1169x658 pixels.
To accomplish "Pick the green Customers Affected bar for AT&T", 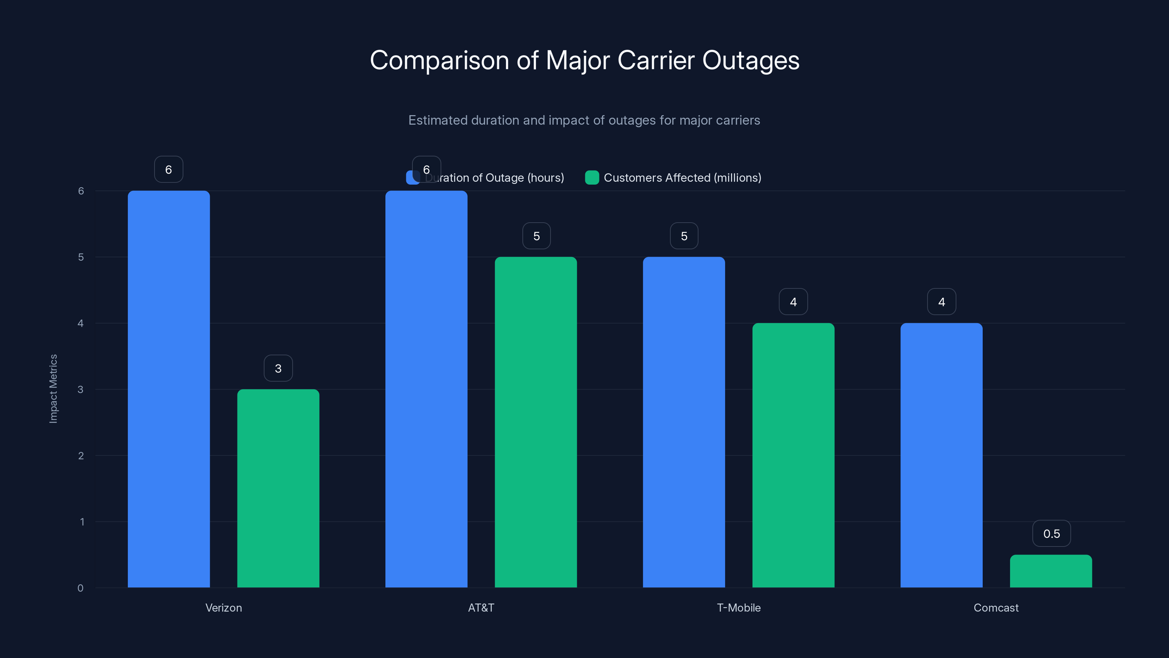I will click(x=536, y=422).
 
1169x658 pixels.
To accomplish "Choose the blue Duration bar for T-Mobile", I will click(x=683, y=422).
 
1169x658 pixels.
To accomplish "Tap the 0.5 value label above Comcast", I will click(x=1051, y=534).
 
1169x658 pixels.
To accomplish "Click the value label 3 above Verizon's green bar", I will click(x=278, y=368).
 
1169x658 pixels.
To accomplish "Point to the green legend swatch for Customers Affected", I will click(x=592, y=178).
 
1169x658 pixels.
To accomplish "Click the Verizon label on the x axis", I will click(x=223, y=608).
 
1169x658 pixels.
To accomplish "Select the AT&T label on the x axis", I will click(x=481, y=608).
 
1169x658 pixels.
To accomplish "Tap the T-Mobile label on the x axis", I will click(x=738, y=608).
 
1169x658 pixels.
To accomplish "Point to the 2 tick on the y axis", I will click(x=81, y=455).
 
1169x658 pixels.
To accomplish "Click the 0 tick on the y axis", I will click(x=80, y=588).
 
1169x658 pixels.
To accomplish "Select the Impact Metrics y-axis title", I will click(x=53, y=389).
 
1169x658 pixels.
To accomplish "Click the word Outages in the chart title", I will click(x=751, y=60).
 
